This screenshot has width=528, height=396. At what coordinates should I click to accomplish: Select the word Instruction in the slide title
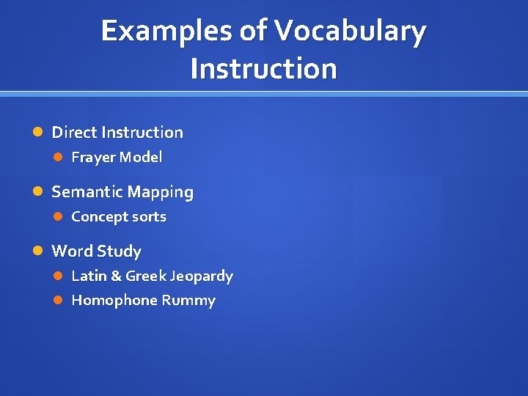[x=263, y=68]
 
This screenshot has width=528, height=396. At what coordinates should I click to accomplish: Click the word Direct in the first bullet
[x=74, y=133]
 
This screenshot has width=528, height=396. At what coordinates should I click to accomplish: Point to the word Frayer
[x=92, y=157]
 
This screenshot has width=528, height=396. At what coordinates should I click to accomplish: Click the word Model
[x=140, y=157]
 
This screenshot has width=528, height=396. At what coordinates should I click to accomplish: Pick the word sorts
[x=149, y=217]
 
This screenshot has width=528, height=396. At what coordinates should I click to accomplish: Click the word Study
[x=118, y=252]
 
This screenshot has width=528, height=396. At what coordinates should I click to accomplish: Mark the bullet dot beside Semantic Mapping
[x=40, y=192]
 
